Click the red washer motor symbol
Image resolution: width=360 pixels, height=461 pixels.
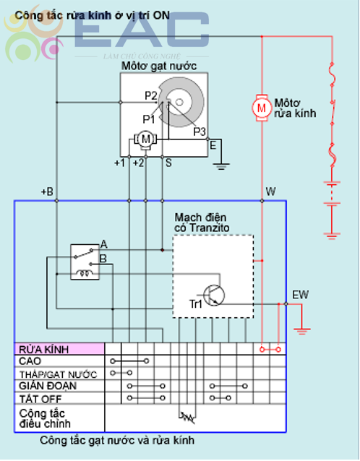262,108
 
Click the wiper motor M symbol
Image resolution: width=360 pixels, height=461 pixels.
145,139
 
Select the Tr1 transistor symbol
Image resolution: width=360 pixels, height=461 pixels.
214,296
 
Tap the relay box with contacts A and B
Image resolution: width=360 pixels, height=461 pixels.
85,262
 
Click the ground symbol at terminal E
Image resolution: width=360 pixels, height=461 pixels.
221,166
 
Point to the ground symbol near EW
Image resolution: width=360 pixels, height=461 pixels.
301,332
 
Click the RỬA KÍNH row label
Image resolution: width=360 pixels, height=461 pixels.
44,350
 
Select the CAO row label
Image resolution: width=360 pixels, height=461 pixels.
30,361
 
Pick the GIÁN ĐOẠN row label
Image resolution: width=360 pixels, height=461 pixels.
48,386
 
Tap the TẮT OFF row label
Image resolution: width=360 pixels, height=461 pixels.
40,399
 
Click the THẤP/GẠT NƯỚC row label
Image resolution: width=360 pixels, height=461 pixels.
58,374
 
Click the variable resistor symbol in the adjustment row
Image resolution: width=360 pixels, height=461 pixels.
187,416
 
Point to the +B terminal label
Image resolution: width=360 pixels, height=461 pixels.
47,191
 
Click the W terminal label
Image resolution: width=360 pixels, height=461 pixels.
270,191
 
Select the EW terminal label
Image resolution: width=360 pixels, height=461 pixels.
300,295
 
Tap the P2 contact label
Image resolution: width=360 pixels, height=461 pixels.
151,95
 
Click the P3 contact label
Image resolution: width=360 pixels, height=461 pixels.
200,132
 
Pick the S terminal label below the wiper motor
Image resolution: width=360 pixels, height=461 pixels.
168,163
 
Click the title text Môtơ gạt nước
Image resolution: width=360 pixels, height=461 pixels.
159,66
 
